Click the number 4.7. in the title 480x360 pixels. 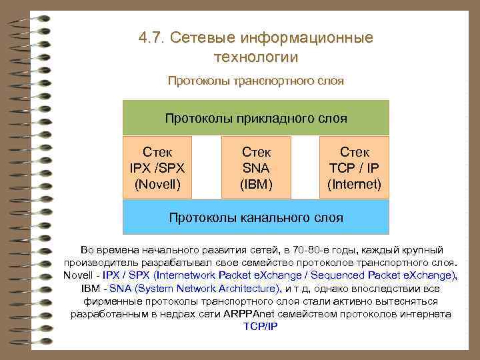click(x=151, y=37)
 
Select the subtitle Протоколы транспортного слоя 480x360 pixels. click(x=256, y=81)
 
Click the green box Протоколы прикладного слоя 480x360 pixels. click(x=256, y=118)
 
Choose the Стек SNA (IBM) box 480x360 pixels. click(x=256, y=167)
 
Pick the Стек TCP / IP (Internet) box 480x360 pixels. click(x=354, y=167)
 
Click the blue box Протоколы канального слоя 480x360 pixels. click(x=256, y=217)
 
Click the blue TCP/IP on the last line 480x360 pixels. click(x=260, y=327)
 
